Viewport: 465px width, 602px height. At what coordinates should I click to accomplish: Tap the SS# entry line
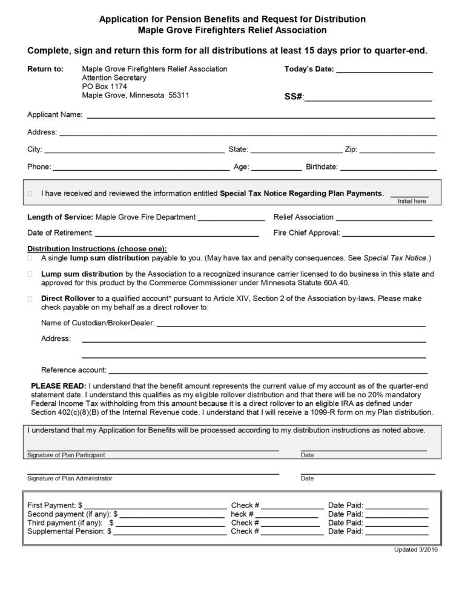tap(368, 99)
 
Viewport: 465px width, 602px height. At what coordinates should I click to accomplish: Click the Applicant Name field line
tap(261, 116)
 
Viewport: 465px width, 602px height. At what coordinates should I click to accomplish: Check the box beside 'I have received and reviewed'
tap(30, 194)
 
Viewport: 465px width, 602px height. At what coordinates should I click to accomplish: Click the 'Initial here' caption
tap(412, 201)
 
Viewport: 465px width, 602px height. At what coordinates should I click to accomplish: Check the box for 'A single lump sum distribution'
tap(30, 258)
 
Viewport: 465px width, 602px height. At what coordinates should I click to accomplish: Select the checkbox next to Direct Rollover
tap(30, 299)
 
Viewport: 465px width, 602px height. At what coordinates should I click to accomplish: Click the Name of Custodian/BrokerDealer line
tap(291, 325)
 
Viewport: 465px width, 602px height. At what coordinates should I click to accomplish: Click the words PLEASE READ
tap(58, 386)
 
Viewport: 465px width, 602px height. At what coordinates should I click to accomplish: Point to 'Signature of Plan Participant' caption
tap(66, 455)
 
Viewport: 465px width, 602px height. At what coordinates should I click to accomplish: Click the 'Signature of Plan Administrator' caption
tap(70, 478)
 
